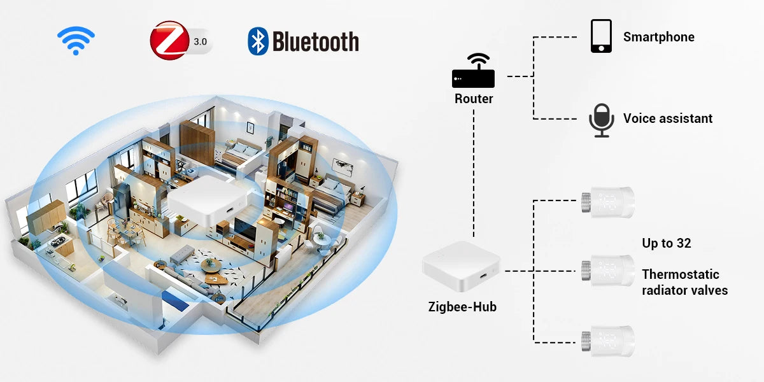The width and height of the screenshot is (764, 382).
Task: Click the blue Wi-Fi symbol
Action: click(x=76, y=41)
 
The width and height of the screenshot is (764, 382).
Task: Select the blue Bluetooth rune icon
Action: click(x=258, y=41)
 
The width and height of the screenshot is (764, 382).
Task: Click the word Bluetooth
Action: click(x=316, y=42)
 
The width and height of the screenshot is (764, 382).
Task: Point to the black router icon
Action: click(x=474, y=71)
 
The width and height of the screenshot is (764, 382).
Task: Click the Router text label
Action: click(x=474, y=99)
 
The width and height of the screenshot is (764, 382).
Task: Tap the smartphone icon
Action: click(x=601, y=36)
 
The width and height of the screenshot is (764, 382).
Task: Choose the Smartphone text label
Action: click(x=658, y=37)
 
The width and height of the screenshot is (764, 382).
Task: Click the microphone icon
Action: click(x=601, y=119)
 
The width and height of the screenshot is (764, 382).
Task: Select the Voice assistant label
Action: click(x=668, y=118)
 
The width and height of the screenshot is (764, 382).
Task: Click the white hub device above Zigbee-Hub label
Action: click(x=462, y=271)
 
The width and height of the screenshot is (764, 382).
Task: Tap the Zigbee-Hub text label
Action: click(x=462, y=307)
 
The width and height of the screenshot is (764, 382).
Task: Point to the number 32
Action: click(x=684, y=243)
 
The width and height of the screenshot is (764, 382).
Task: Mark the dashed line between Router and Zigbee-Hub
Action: click(x=474, y=172)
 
